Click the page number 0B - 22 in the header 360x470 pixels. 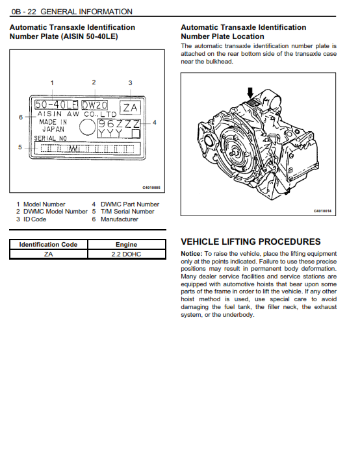(x=23, y=12)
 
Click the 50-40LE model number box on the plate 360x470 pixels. (x=56, y=105)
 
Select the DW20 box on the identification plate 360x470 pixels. (x=94, y=105)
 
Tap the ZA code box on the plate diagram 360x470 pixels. (x=130, y=108)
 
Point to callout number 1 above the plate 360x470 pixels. (x=52, y=82)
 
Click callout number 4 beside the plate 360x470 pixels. (x=155, y=122)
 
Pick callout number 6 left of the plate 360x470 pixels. (x=21, y=117)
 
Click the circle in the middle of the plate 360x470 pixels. (x=87, y=127)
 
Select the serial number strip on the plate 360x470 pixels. (x=87, y=149)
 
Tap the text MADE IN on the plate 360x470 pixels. (x=53, y=122)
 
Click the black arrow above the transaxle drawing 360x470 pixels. (x=250, y=93)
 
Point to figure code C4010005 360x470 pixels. (x=151, y=188)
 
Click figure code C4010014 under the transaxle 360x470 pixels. (x=322, y=211)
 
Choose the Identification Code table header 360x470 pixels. (x=48, y=245)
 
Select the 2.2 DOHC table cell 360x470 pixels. (x=126, y=254)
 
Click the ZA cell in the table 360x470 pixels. (x=48, y=254)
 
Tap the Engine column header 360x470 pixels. (x=126, y=245)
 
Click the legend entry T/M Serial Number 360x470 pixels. (x=127, y=212)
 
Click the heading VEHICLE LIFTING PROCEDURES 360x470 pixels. (x=251, y=241)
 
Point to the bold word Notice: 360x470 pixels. (x=192, y=254)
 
